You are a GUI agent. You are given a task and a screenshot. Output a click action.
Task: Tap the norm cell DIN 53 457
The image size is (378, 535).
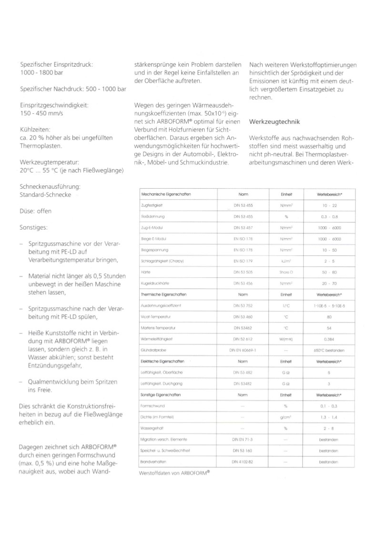pyautogui.click(x=243, y=228)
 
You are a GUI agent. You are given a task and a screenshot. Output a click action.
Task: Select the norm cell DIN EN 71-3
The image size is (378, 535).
pyautogui.click(x=243, y=438)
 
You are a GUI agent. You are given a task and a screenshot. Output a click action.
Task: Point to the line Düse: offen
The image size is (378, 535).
pyautogui.click(x=36, y=211)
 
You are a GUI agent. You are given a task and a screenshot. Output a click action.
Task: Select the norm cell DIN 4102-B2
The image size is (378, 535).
pyautogui.click(x=243, y=461)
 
